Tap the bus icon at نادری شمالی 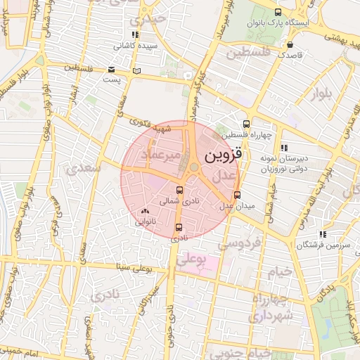coord(179,191)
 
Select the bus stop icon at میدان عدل coord(237,195)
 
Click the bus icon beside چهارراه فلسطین coord(245,123)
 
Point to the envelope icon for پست coord(112,70)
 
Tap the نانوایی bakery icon coord(146,211)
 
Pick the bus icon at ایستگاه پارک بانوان coord(278,13)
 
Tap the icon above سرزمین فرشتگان coord(323,233)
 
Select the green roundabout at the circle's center coord(193,167)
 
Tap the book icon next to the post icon coord(136,70)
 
